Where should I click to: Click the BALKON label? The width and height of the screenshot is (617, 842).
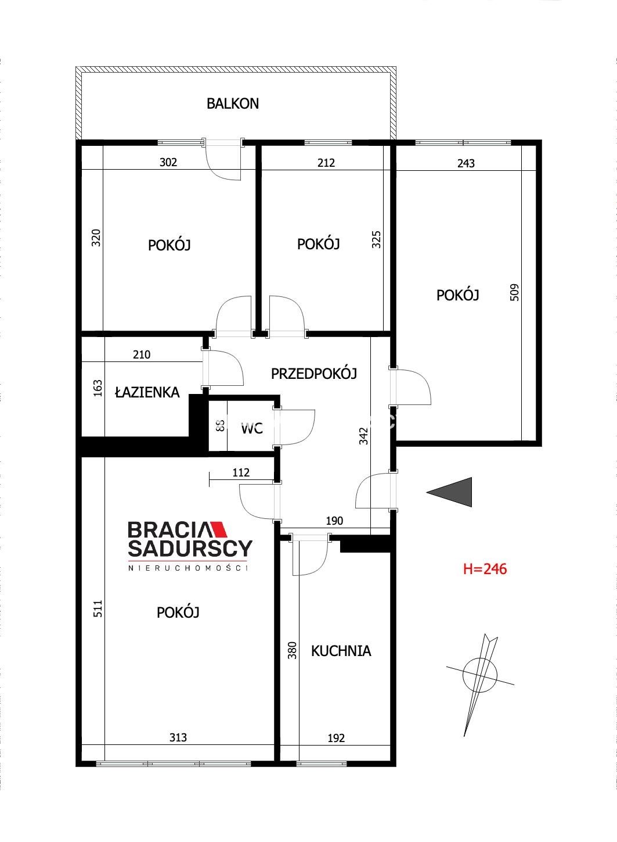point(232,104)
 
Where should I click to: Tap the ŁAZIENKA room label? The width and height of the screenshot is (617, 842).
point(147,392)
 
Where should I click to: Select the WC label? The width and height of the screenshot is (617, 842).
point(251,428)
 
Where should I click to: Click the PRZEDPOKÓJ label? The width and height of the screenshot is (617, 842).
point(313,374)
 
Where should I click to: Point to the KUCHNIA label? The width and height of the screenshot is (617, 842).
point(341,651)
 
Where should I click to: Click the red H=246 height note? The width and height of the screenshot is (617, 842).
point(485,569)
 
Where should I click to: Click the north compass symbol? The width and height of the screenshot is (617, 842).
point(480,686)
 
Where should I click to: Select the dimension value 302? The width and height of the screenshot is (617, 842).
point(168,162)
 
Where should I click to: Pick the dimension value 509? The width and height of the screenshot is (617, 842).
point(514,292)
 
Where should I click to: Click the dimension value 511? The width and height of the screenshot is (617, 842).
point(98,608)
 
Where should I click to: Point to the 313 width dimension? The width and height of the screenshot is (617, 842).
point(178,737)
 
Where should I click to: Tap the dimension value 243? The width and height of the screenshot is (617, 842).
point(466,163)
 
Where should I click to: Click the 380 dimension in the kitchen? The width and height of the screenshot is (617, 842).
point(292,650)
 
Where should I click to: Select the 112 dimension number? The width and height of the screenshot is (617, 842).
point(241,472)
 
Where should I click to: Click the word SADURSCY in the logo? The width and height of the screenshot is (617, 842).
point(190,549)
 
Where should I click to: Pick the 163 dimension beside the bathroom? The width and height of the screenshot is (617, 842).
point(98,388)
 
